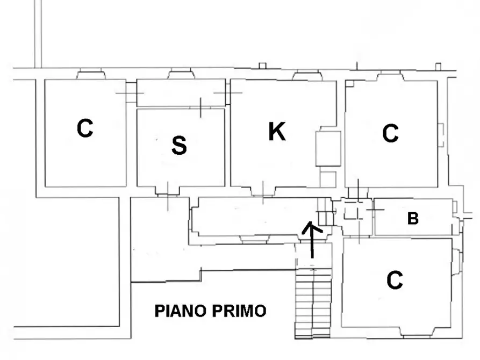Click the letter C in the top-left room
85,128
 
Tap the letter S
179,145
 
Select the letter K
277,132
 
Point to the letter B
413,219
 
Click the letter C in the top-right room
391,133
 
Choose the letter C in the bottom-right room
395,280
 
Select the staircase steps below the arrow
313,304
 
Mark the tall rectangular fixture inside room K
327,148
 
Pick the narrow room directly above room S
181,92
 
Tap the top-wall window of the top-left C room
91,75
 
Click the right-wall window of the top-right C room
440,135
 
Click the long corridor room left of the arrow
247,217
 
